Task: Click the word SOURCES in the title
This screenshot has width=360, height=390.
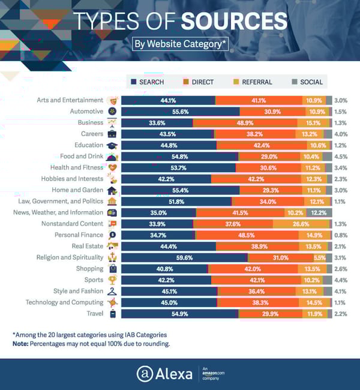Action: pos(234,20)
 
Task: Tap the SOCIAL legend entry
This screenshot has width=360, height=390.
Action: pos(307,82)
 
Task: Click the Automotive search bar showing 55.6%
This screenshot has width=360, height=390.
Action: pos(180,112)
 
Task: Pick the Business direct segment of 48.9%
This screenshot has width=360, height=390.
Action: pos(245,122)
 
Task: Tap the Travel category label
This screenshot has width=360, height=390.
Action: pos(94,313)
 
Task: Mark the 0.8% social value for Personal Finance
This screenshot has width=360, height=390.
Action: pos(341,235)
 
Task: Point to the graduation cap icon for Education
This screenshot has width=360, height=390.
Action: pos(113,145)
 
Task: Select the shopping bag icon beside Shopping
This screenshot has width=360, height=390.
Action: pos(113,269)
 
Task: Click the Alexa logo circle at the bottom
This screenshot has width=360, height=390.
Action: pos(144,373)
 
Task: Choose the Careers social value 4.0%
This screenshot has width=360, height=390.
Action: pos(341,134)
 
